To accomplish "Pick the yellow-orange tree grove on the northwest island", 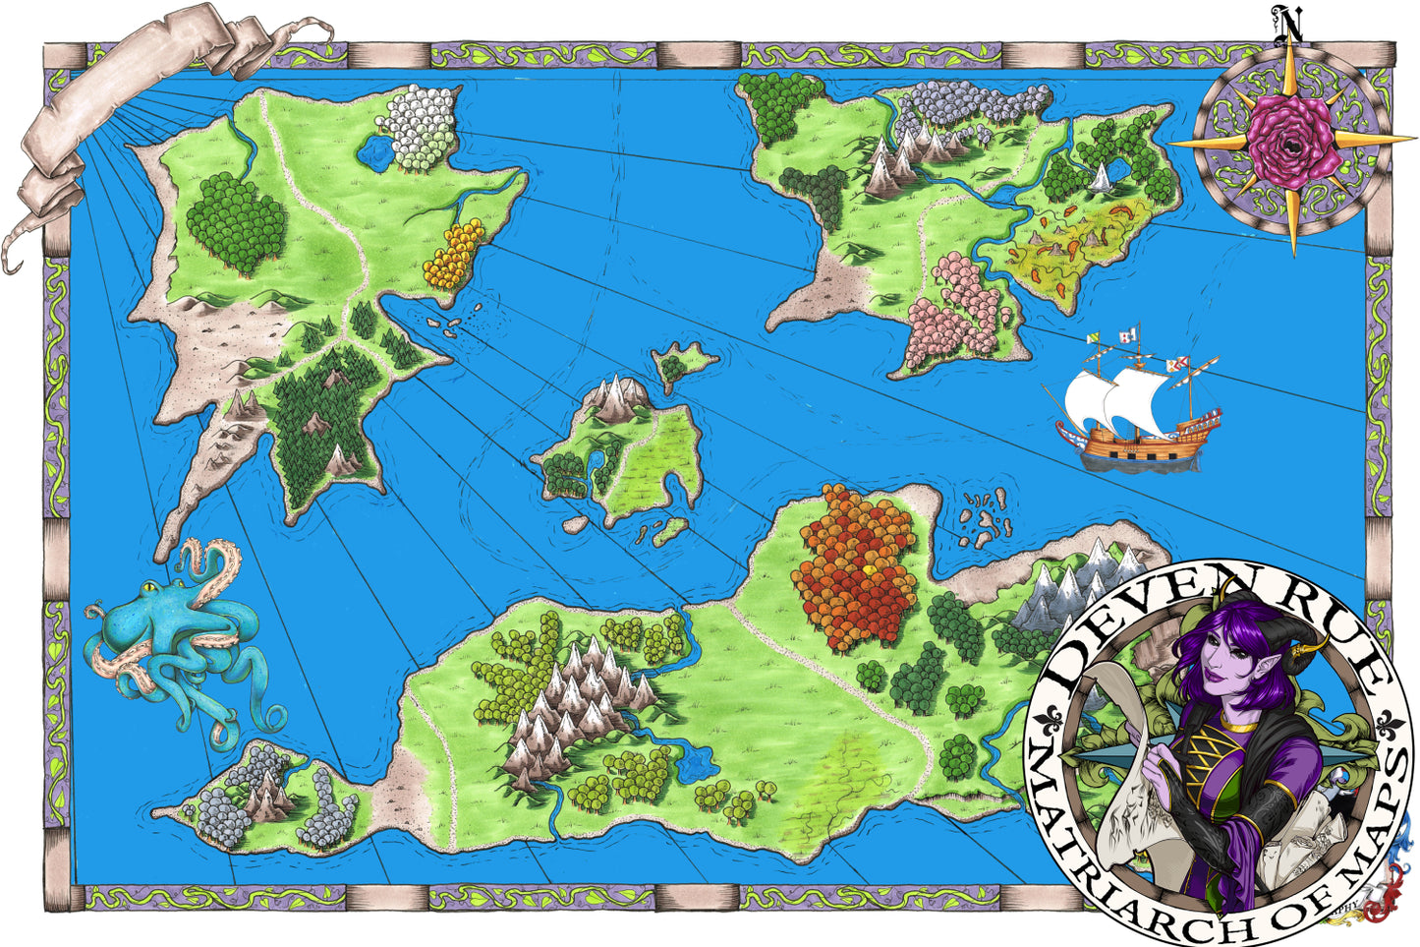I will (x=453, y=254).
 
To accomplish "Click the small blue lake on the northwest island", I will (x=374, y=150).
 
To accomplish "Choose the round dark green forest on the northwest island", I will (x=236, y=221).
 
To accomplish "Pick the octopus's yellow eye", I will (x=147, y=589).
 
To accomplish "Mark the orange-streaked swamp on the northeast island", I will (x=1071, y=241).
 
